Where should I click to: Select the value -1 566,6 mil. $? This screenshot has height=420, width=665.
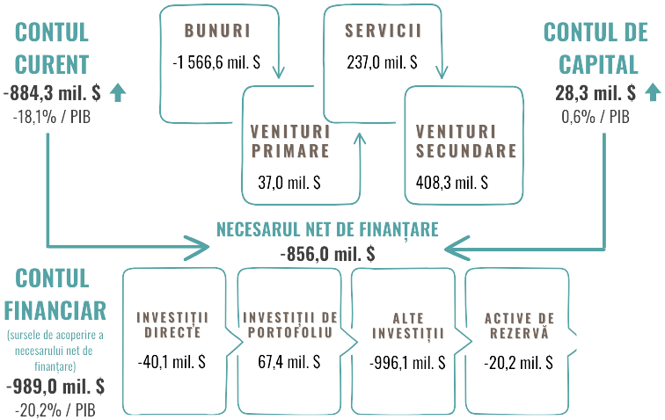click(x=217, y=63)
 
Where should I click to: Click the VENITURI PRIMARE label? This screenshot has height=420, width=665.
click(x=290, y=141)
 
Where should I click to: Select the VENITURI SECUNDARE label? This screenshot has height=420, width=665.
click(x=465, y=141)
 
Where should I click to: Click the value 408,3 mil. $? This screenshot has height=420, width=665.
click(x=451, y=184)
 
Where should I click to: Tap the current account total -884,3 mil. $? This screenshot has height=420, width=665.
click(x=53, y=92)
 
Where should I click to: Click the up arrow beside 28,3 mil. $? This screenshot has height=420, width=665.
click(x=652, y=92)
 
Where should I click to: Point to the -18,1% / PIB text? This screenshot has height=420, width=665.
click(x=54, y=115)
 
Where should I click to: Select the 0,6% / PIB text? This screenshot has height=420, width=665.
click(x=596, y=115)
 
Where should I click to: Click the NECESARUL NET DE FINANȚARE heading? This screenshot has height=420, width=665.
click(x=327, y=230)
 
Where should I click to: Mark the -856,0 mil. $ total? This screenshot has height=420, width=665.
click(x=327, y=254)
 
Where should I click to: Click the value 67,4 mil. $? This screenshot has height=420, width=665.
click(x=289, y=361)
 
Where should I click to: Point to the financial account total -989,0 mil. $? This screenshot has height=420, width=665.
click(x=55, y=387)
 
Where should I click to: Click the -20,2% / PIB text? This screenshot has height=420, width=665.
click(x=55, y=409)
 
